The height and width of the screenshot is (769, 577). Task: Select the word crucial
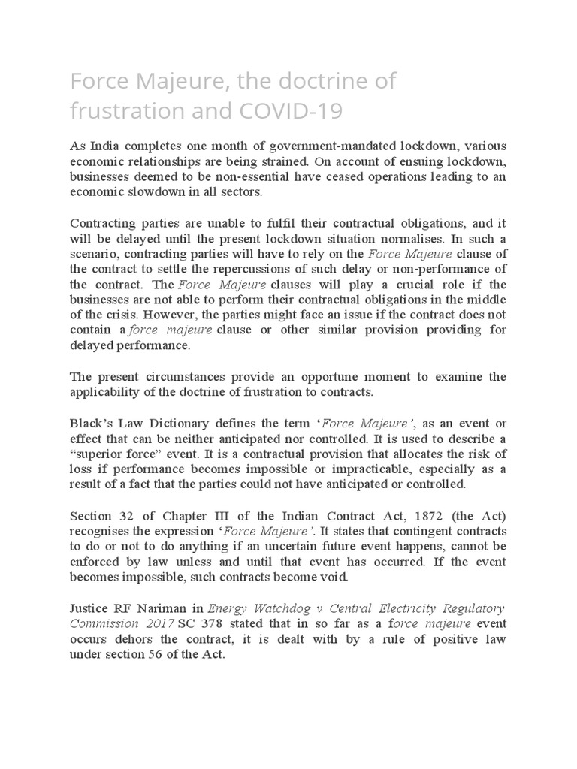pos(385,285)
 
